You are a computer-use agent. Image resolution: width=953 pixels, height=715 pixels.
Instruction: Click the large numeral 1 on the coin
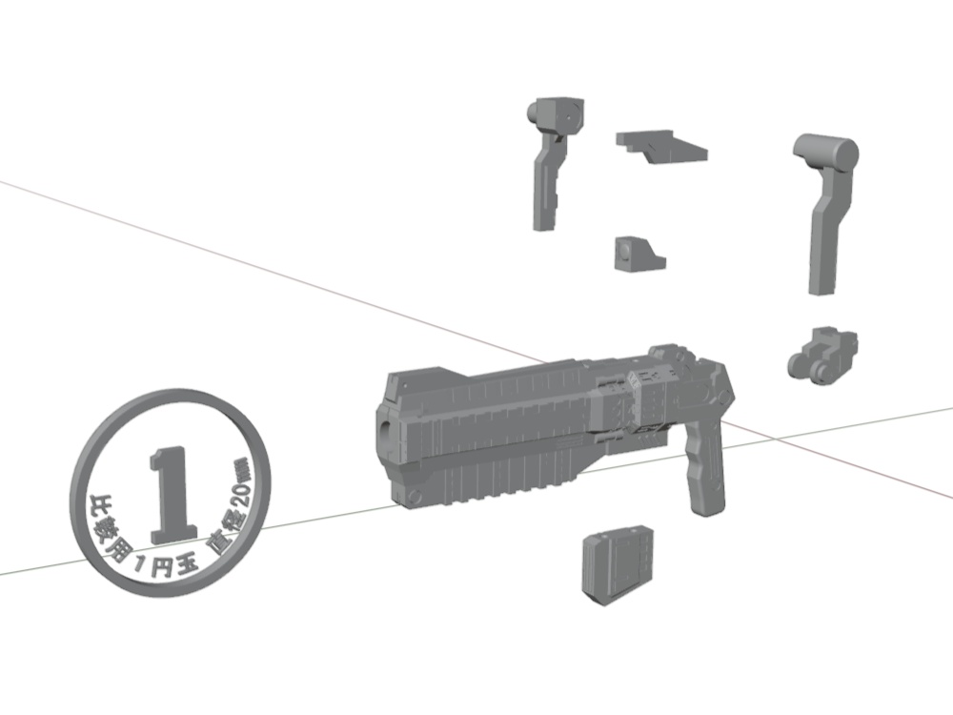172,494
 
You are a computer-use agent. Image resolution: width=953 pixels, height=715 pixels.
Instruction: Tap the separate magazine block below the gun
617,564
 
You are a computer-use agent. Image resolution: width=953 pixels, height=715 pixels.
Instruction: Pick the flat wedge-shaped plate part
660,147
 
